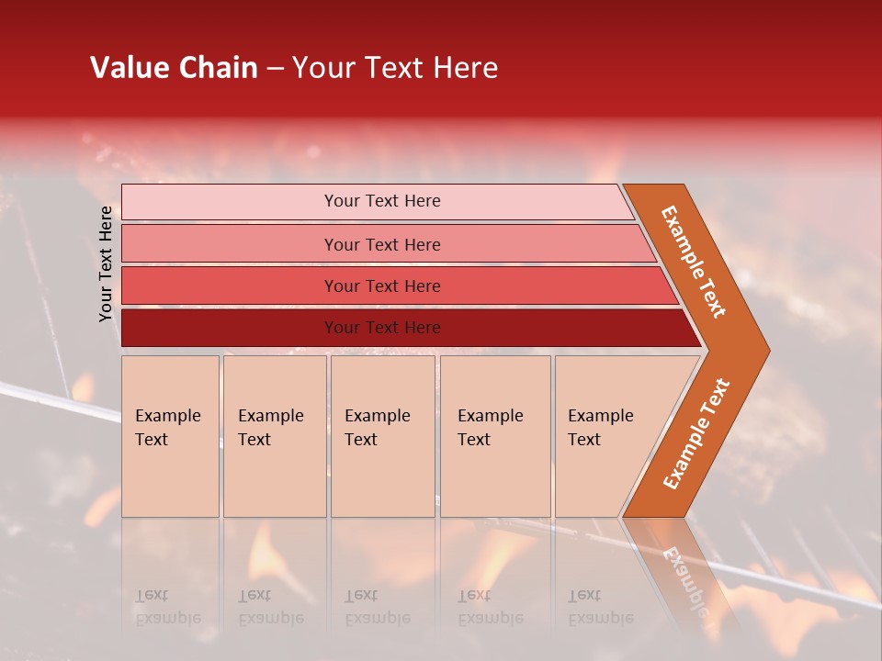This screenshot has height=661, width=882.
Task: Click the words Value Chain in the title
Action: [174, 68]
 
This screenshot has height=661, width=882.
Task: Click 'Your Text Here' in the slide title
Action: [395, 68]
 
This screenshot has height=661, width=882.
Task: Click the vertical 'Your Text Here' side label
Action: [106, 264]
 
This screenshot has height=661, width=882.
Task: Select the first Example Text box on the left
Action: [170, 436]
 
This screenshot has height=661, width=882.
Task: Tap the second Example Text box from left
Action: [274, 436]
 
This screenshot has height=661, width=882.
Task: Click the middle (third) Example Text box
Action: [382, 436]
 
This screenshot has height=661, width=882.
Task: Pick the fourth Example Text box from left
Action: [495, 436]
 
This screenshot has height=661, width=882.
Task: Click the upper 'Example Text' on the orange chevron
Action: [694, 262]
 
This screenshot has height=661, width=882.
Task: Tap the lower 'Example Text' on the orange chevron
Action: [696, 433]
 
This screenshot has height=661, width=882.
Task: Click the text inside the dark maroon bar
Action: [382, 328]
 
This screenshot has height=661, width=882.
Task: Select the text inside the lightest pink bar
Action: [382, 201]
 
